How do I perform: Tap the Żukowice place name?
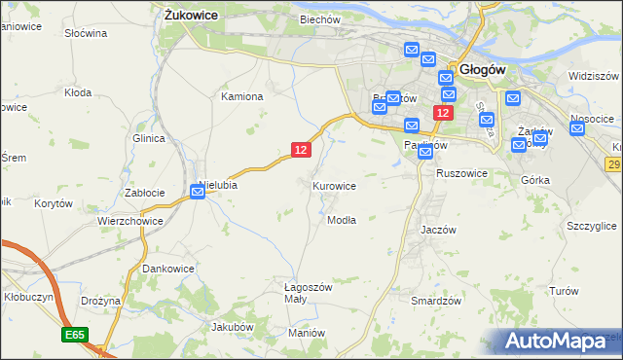pyautogui.click(x=191, y=16)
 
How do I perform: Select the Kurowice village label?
pyautogui.click(x=334, y=186)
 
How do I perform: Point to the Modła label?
pyautogui.click(x=341, y=220)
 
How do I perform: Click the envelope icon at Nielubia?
pyautogui.click(x=198, y=193)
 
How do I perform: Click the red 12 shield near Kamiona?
pyautogui.click(x=301, y=149)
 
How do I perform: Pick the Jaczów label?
pyautogui.click(x=438, y=230)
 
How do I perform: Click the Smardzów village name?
pyautogui.click(x=435, y=302)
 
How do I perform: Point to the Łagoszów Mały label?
pyautogui.click(x=309, y=293)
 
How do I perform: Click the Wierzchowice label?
pyautogui.click(x=128, y=221)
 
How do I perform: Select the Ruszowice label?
pyautogui.click(x=461, y=173)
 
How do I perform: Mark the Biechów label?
pyautogui.click(x=320, y=19)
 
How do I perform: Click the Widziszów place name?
pyautogui.click(x=594, y=76)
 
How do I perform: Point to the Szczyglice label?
pyautogui.click(x=591, y=226)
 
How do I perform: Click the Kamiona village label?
pyautogui.click(x=242, y=96)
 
